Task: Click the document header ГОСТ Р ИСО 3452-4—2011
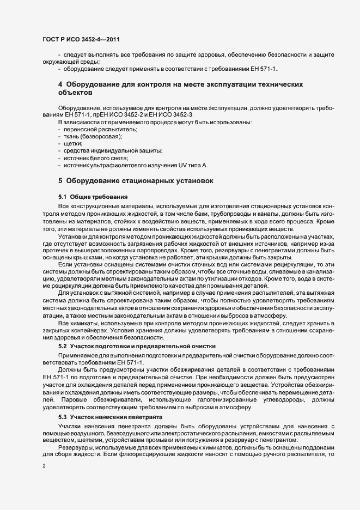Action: tap(81, 39)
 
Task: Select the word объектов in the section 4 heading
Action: tap(76, 93)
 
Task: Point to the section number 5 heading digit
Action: tap(60, 180)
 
